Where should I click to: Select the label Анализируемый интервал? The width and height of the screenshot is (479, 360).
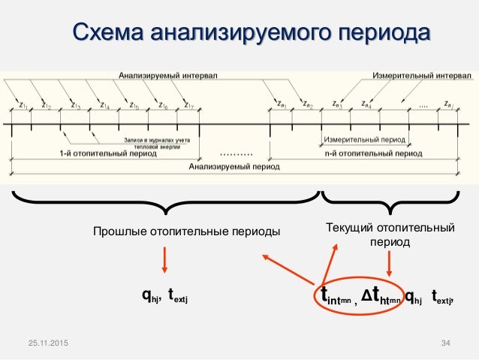coord(163,76)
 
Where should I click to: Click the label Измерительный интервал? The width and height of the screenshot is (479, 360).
coord(422,76)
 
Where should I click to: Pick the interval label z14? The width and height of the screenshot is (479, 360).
coord(104,106)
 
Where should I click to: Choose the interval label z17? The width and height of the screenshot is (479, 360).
coord(189,106)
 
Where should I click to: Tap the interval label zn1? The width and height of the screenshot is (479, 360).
coord(280,105)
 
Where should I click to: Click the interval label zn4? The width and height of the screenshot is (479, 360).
coord(366,105)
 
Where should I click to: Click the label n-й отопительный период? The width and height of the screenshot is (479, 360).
coord(373,153)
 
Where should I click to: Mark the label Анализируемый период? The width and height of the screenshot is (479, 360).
coord(233,166)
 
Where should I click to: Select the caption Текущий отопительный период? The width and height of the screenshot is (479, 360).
coord(390,234)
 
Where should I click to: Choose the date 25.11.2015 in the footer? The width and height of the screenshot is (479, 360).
coord(46,343)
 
